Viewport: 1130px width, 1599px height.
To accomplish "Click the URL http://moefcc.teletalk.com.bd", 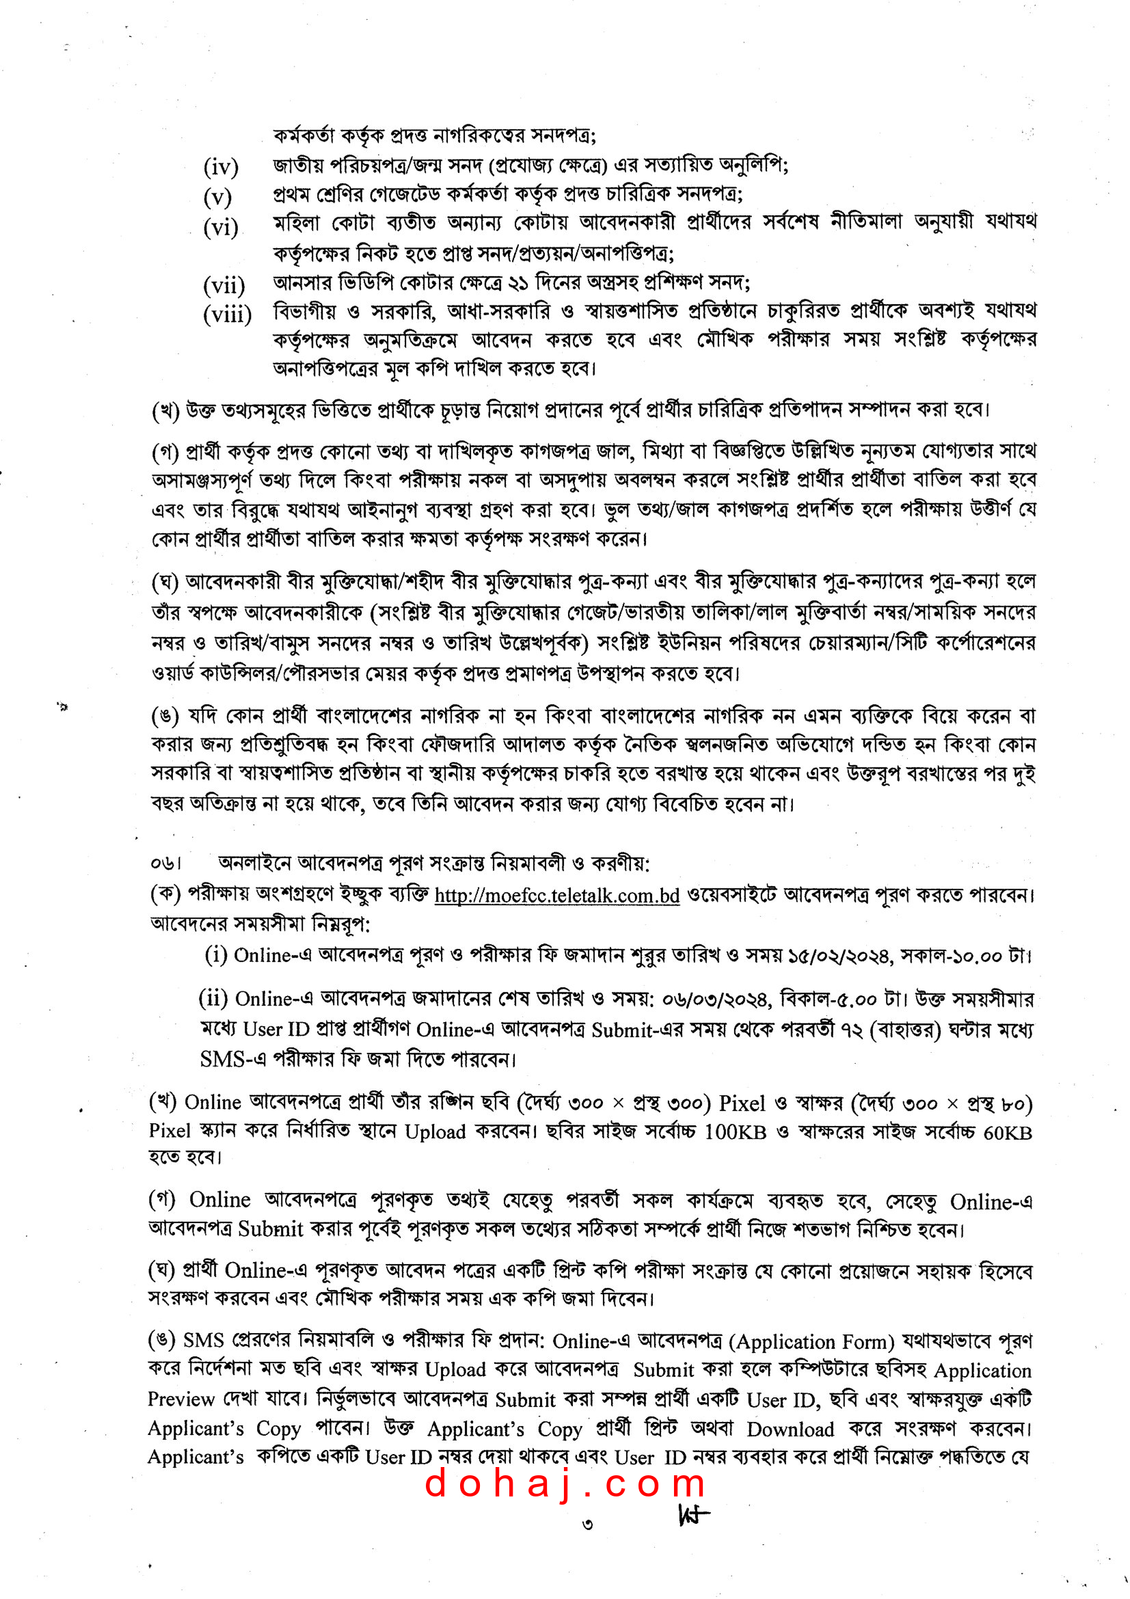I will coord(556,895).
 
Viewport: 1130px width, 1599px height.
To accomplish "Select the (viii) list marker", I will coord(227,314).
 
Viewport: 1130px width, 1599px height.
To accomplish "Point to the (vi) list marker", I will coord(221,227).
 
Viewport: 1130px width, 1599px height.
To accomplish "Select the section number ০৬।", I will coord(165,863).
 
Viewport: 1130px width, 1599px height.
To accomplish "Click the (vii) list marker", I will coord(224,285).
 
